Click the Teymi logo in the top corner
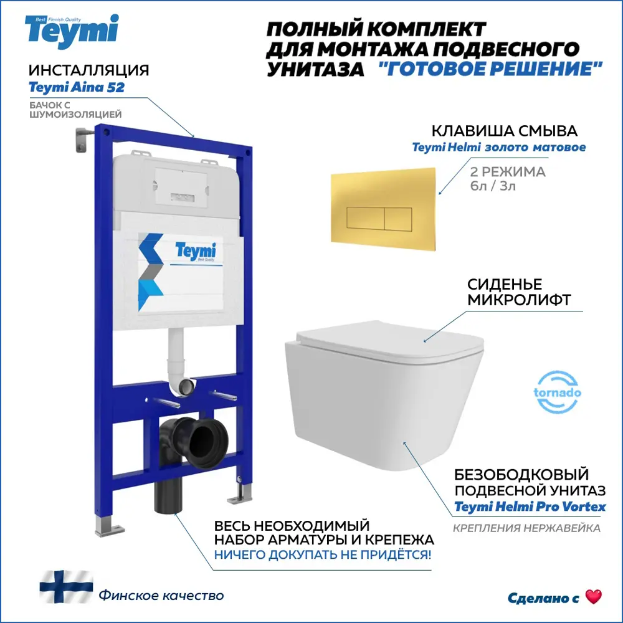(72, 31)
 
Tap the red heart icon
(594, 597)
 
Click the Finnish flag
(67, 587)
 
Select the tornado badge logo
(557, 392)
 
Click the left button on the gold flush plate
(365, 219)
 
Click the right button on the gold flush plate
(398, 219)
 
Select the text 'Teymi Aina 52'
(77, 87)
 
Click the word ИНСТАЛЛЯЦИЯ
(89, 70)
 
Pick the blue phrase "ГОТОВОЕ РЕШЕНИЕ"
(491, 69)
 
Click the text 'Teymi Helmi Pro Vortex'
(530, 506)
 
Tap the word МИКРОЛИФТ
(519, 300)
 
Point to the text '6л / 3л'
(493, 186)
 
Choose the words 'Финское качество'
(161, 596)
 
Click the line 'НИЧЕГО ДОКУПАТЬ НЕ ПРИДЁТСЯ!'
(323, 554)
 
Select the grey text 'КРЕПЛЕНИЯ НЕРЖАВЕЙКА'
(527, 528)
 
